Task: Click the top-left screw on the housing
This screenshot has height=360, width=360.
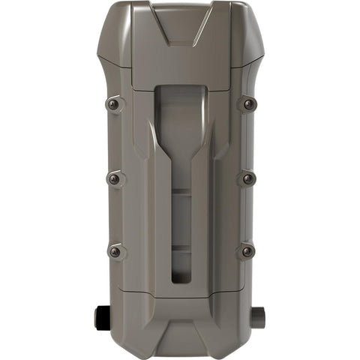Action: [x=113, y=104]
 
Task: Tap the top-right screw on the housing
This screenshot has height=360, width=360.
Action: [x=248, y=104]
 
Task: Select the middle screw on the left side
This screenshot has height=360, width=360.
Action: [x=113, y=178]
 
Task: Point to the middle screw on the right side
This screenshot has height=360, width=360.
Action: [x=248, y=178]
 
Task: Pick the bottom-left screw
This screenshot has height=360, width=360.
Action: [x=114, y=252]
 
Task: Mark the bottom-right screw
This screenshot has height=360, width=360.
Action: [x=248, y=252]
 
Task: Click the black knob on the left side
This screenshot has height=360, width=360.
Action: [x=101, y=318]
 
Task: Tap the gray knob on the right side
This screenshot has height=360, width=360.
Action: [x=259, y=318]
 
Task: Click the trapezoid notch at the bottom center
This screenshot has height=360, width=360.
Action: [x=181, y=341]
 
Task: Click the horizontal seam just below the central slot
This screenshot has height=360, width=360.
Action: [x=181, y=295]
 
